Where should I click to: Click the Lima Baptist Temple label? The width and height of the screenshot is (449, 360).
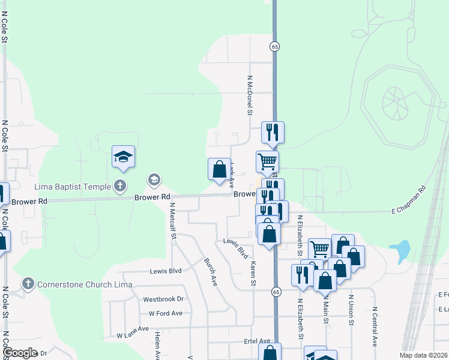pyautogui.click(x=72, y=186)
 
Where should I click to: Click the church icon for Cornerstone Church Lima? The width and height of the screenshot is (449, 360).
pyautogui.click(x=28, y=283)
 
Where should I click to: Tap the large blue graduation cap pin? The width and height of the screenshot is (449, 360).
pyautogui.click(x=123, y=157)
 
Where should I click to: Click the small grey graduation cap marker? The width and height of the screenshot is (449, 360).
pyautogui.click(x=154, y=179)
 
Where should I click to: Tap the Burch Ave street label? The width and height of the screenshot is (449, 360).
pyautogui.click(x=210, y=272)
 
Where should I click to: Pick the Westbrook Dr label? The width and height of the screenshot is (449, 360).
pyautogui.click(x=163, y=299)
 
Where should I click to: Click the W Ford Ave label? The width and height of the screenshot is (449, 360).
pyautogui.click(x=161, y=313)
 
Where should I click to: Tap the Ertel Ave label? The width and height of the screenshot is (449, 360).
pyautogui.click(x=255, y=341)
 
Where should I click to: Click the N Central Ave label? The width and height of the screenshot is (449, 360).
pyautogui.click(x=374, y=327)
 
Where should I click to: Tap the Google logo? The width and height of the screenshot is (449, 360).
pyautogui.click(x=20, y=353)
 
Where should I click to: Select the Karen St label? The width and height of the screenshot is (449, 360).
pyautogui.click(x=253, y=274)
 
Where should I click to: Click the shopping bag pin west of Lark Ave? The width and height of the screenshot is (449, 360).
pyautogui.click(x=219, y=169)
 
